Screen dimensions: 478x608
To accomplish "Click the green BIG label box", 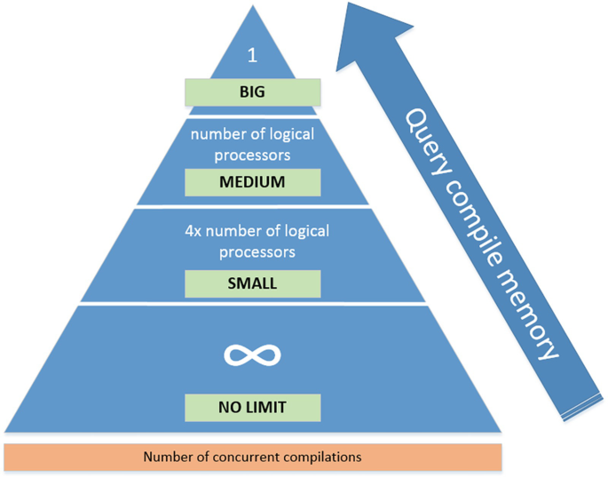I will (252, 92).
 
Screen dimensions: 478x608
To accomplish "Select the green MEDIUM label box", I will (253, 183).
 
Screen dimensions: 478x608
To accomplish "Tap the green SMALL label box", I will (253, 284).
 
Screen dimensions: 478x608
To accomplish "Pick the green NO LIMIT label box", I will (253, 408).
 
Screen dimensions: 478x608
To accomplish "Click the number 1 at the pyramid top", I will (252, 55).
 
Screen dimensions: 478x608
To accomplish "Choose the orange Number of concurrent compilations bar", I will (253, 457).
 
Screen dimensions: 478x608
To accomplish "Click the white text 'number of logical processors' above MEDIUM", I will (253, 145).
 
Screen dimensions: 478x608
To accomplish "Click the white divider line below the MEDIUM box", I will (253, 206).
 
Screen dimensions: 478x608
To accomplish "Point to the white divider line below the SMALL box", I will (253, 305).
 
